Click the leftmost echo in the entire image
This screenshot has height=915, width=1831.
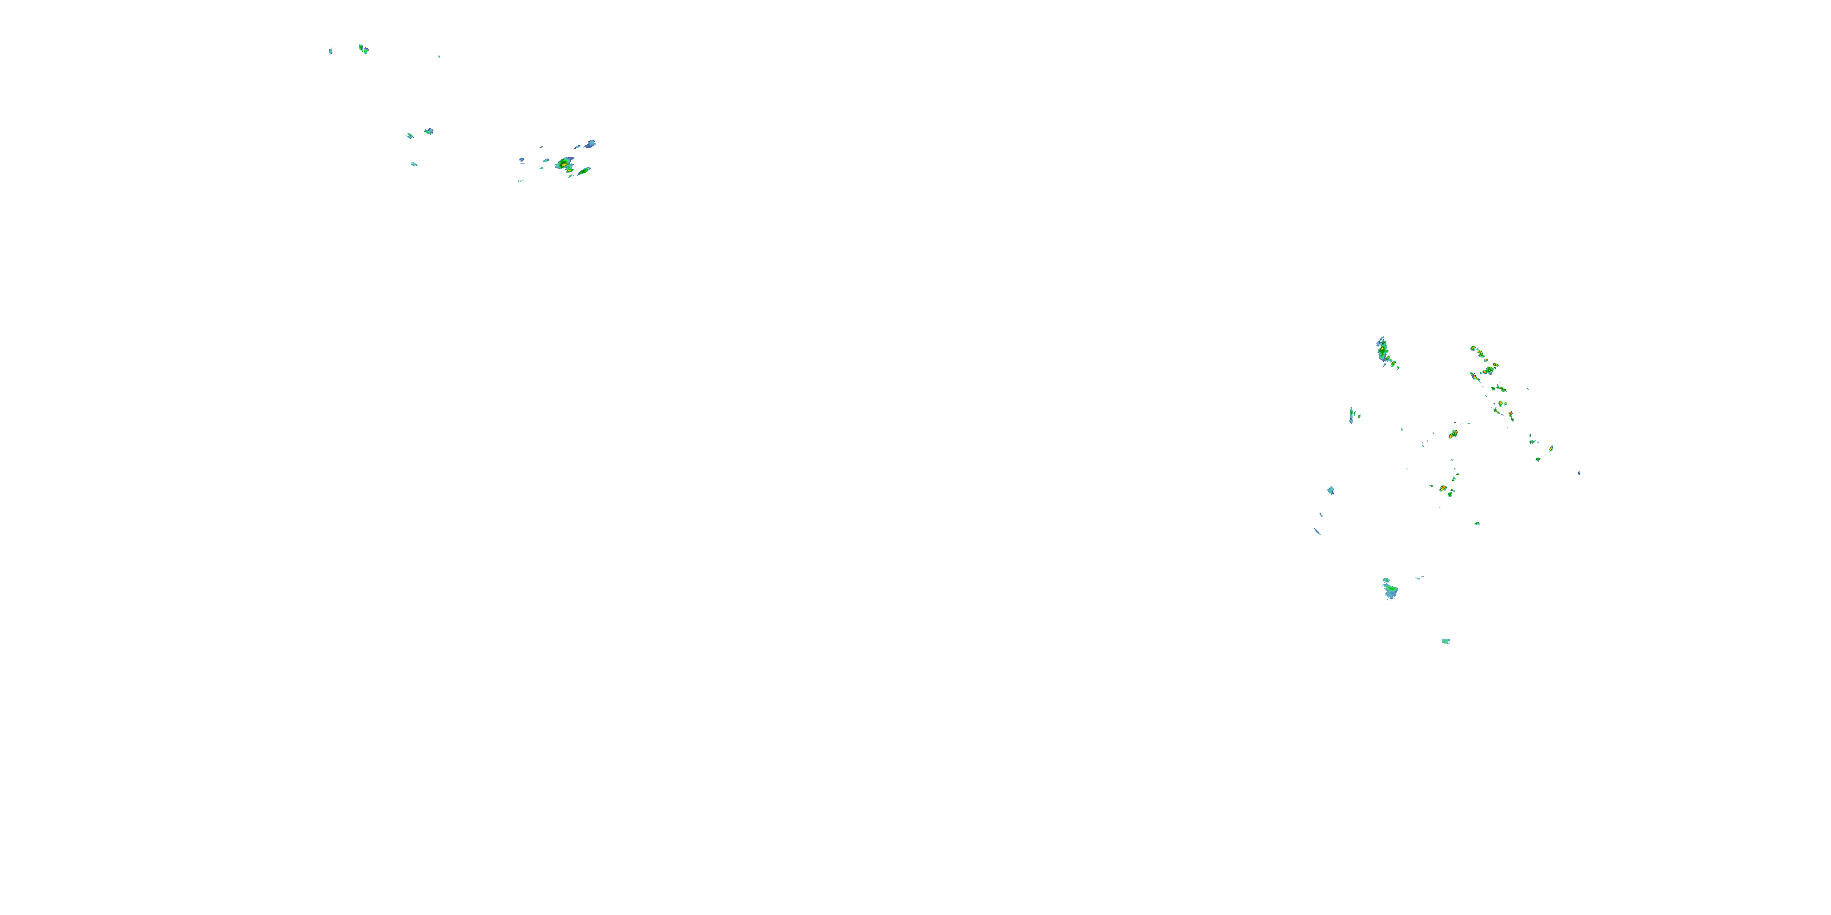331,51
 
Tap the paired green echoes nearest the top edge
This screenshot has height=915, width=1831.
363,49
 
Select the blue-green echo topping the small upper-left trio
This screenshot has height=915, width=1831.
428,131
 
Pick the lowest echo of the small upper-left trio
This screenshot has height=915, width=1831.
414,164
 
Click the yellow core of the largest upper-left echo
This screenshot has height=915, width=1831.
565,165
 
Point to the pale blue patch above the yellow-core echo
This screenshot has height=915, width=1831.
591,144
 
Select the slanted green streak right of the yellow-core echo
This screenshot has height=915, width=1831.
583,171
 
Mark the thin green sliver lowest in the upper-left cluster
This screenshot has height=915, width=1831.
521,181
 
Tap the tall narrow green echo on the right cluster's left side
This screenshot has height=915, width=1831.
1352,415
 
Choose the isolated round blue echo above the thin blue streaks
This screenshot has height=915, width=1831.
1331,490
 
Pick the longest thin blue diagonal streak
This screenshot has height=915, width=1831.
1317,531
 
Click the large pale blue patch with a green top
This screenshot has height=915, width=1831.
1390,590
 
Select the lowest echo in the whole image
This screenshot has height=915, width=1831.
1446,642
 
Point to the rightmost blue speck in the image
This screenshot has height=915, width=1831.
1579,472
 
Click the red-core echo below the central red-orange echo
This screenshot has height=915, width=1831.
1443,489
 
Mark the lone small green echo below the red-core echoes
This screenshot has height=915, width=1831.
1477,523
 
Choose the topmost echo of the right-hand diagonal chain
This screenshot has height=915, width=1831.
1476,350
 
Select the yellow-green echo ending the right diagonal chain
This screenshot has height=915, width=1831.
1551,448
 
